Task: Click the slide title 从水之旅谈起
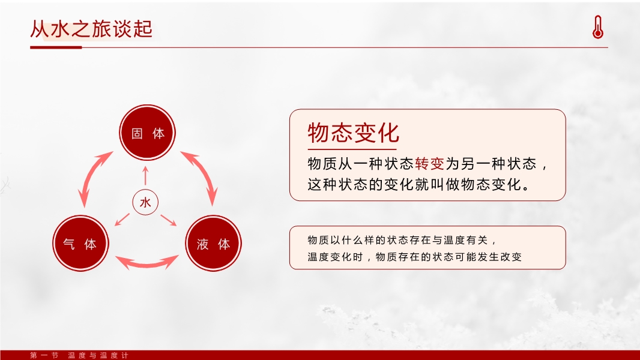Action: tap(91, 29)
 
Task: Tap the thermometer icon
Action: tap(598, 27)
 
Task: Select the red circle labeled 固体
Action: tap(147, 133)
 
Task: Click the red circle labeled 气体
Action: tap(80, 244)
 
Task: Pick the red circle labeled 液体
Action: tap(214, 244)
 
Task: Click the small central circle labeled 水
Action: tap(145, 202)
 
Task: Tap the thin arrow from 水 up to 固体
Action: tap(145, 176)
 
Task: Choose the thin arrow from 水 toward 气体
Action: tap(122, 220)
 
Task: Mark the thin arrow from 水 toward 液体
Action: tap(169, 220)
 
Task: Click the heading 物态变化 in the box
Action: tap(353, 133)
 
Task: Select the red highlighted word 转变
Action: tap(430, 163)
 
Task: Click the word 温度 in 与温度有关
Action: tap(454, 240)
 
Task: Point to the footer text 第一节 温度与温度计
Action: tap(79, 356)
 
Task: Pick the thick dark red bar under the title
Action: tap(56, 47)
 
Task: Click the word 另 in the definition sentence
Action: tap(468, 163)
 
